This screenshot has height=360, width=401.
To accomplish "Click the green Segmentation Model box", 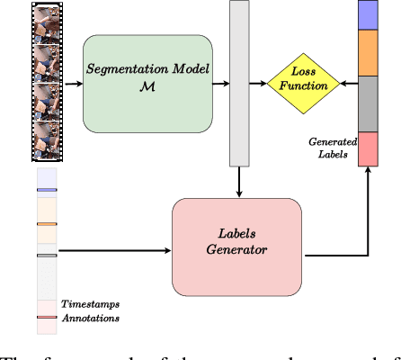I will (x=148, y=85).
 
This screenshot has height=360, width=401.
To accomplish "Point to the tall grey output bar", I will (x=239, y=83).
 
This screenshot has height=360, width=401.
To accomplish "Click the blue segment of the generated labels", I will (x=370, y=15).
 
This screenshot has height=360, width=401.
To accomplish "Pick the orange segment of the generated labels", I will (x=370, y=53).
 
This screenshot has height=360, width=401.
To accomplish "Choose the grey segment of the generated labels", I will (x=370, y=103).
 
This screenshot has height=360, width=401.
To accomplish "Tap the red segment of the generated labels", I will (x=370, y=149).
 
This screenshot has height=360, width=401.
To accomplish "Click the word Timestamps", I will (x=90, y=306).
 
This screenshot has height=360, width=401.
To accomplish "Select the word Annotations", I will (x=90, y=319).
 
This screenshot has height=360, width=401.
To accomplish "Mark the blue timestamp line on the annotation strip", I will (x=48, y=190).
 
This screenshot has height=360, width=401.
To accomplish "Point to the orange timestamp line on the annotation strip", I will (x=48, y=223).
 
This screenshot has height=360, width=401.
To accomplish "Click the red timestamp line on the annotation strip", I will (x=48, y=317).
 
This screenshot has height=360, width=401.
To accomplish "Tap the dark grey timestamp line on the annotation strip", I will (x=48, y=256).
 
